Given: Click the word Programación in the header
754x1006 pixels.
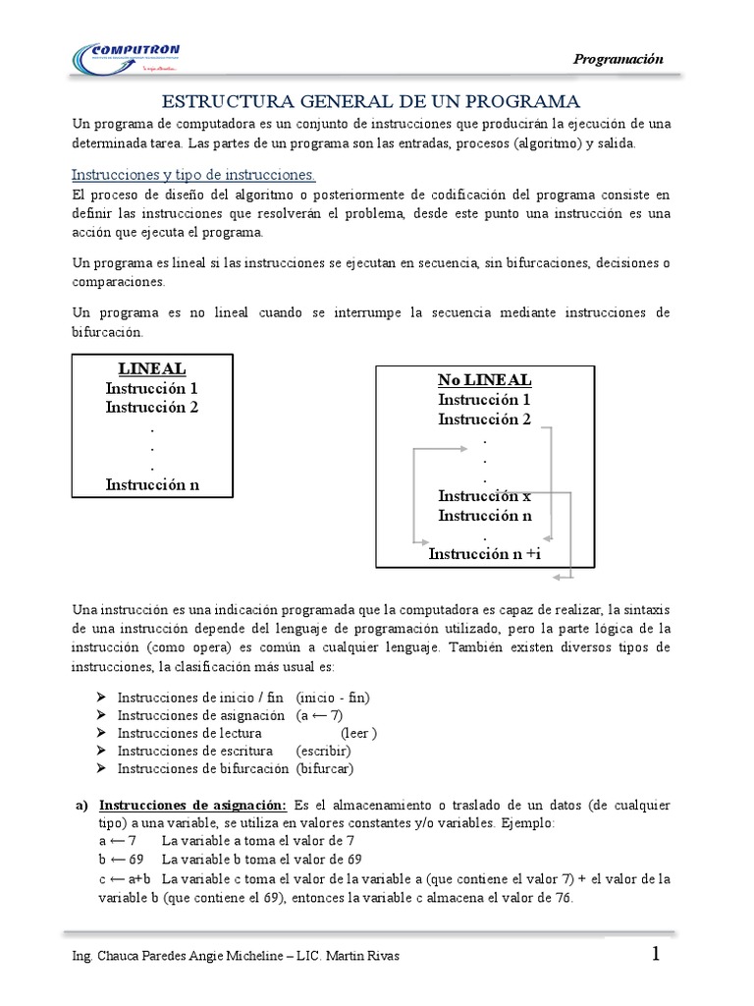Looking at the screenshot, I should (x=619, y=59).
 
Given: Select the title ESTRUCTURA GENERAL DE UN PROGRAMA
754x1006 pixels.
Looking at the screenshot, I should (x=371, y=101).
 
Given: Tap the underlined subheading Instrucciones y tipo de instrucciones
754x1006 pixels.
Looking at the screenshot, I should (x=193, y=175).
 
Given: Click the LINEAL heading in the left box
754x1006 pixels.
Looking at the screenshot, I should (x=152, y=368).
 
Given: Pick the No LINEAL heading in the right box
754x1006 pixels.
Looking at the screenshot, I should (x=485, y=380).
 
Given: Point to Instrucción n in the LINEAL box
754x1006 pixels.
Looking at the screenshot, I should (x=152, y=483).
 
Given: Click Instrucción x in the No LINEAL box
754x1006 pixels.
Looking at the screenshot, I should (x=484, y=495).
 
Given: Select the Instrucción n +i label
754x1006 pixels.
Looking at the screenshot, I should (x=485, y=554).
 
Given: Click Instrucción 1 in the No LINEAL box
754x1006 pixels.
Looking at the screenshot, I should (x=485, y=400).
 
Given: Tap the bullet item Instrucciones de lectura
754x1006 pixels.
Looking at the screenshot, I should (x=189, y=733).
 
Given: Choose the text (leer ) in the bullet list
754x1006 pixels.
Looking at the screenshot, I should (x=359, y=733).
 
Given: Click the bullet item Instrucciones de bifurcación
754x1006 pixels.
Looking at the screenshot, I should (x=203, y=768).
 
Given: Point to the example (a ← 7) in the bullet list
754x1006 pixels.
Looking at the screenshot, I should (x=320, y=715).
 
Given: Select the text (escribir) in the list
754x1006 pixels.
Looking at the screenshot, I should (x=323, y=751).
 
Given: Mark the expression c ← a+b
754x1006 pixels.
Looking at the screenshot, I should (x=124, y=877).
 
